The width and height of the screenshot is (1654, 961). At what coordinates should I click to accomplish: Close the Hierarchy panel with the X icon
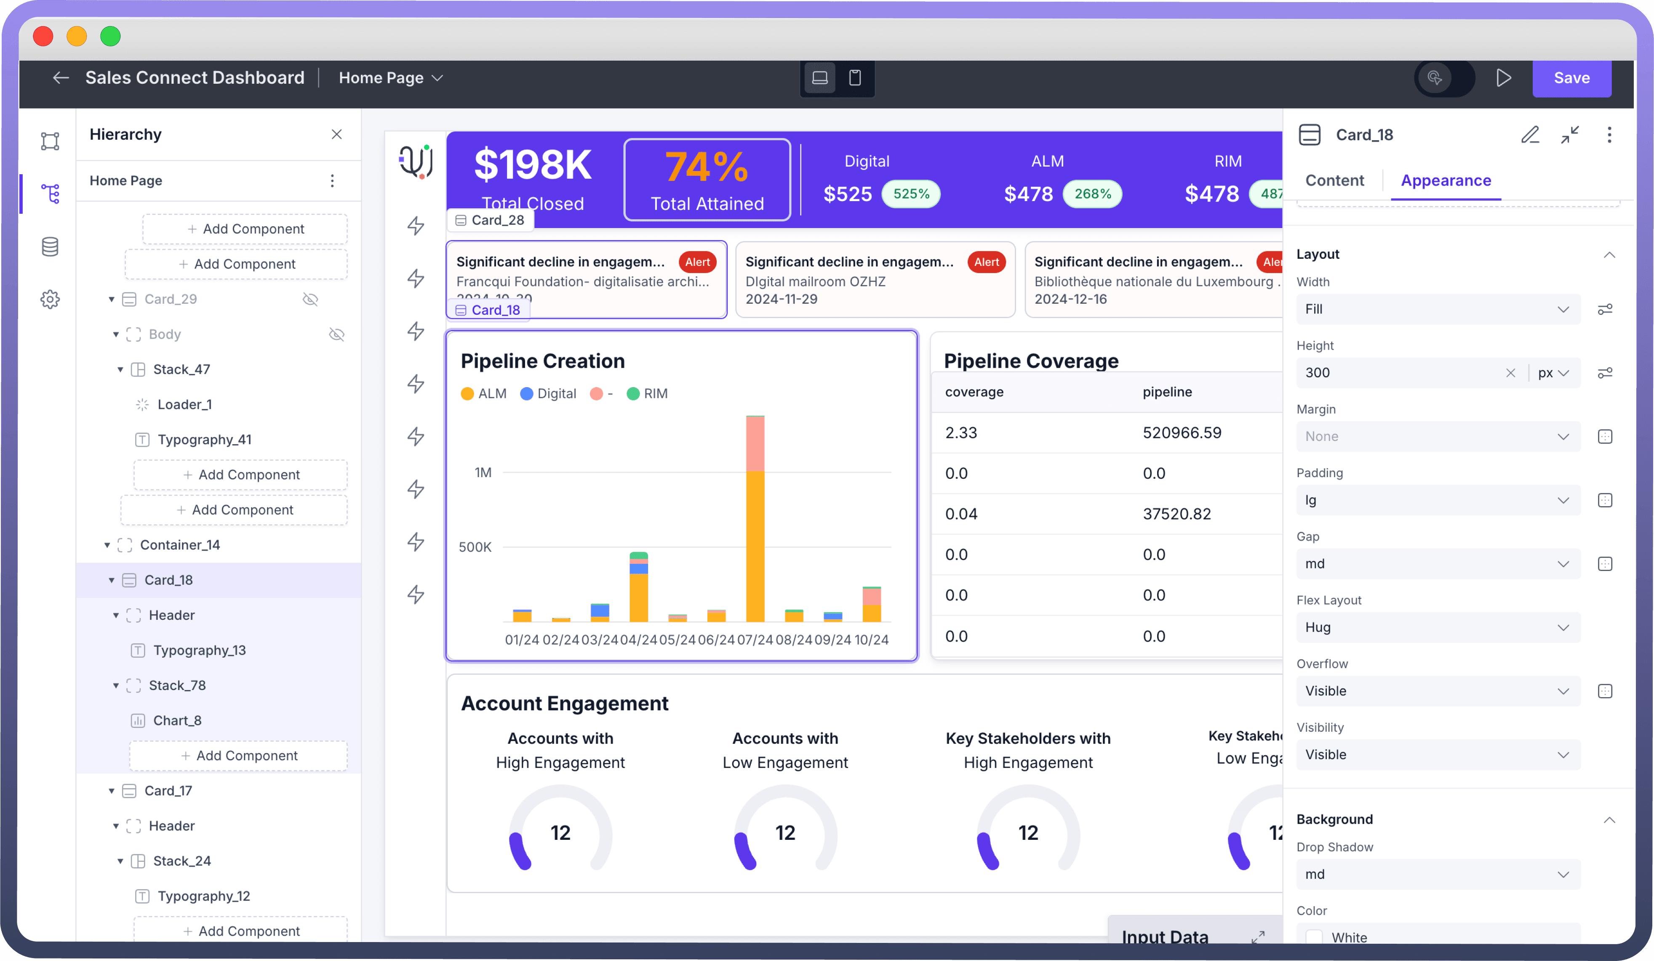[x=337, y=135]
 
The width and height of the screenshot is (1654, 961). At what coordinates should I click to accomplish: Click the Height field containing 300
[x=1398, y=373]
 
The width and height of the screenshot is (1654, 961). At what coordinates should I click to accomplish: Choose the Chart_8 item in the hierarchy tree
[x=177, y=720]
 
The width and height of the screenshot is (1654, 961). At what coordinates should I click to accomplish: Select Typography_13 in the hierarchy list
[x=200, y=650]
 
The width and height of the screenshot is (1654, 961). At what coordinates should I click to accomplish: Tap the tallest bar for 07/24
[x=755, y=525]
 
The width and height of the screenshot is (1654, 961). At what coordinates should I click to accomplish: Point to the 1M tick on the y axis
[x=483, y=473]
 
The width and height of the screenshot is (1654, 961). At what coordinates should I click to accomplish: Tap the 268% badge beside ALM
[x=1092, y=194]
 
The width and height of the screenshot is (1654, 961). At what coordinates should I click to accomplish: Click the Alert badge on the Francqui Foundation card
[x=697, y=262]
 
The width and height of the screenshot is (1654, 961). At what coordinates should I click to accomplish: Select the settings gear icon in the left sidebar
[x=50, y=300]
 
